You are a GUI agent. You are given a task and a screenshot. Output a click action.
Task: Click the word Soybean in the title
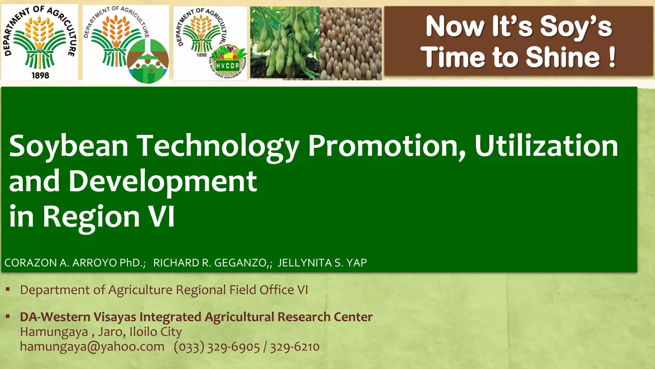pos(68,147)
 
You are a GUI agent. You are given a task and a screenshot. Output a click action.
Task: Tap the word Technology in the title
pos(218,147)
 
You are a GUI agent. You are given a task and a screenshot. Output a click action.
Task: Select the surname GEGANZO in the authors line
pos(240,263)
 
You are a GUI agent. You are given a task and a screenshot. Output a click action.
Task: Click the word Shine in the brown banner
pos(563,57)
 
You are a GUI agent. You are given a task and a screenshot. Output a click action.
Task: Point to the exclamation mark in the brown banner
pos(612,57)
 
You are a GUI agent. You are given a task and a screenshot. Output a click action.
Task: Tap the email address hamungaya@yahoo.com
pos(92,347)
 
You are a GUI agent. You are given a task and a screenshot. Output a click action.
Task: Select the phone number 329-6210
pos(295,347)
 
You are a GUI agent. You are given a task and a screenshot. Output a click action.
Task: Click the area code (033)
pos(189,347)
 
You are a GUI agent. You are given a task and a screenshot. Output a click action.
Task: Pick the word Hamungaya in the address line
pos(54,332)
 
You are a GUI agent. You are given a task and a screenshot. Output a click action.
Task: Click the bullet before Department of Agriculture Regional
pos(8,290)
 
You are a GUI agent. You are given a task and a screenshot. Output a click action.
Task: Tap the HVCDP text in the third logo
pos(227,66)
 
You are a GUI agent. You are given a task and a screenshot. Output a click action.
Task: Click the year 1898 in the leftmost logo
pos(40,76)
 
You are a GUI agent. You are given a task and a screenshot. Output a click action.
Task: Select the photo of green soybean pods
pos(285,43)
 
